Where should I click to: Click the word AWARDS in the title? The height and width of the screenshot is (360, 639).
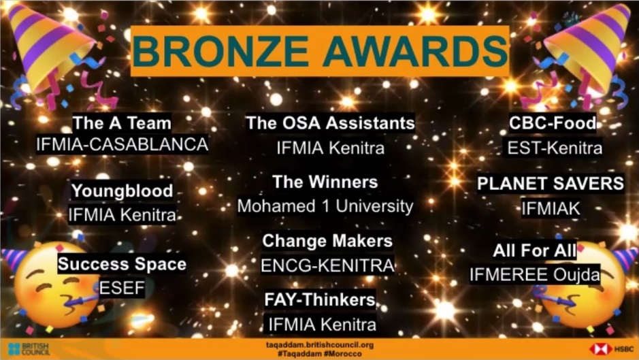(415, 50)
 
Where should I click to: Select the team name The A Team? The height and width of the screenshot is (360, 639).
(122, 123)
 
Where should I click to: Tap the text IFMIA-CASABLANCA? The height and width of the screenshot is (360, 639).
(122, 144)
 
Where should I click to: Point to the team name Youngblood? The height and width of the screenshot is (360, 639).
(122, 191)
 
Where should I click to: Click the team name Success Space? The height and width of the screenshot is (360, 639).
(122, 264)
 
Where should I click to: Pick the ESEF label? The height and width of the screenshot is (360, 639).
(122, 288)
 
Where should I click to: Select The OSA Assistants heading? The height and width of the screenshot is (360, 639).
(331, 122)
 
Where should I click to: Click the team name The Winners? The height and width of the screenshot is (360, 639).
(325, 182)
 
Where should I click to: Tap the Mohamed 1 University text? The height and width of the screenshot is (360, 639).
(325, 206)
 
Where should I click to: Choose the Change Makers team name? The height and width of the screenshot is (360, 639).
(327, 240)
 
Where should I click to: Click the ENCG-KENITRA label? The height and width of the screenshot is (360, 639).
(327, 265)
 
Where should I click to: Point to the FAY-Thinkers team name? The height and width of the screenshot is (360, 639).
(320, 299)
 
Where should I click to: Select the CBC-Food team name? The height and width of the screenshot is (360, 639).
(553, 123)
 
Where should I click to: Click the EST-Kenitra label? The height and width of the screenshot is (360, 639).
(555, 148)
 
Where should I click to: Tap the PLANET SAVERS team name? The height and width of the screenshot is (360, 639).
(550, 184)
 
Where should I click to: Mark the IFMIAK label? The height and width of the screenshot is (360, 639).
(551, 208)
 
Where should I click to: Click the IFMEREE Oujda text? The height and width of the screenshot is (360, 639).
(535, 274)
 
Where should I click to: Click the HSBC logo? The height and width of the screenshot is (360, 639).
(611, 349)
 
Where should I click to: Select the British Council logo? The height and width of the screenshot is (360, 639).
(29, 349)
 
